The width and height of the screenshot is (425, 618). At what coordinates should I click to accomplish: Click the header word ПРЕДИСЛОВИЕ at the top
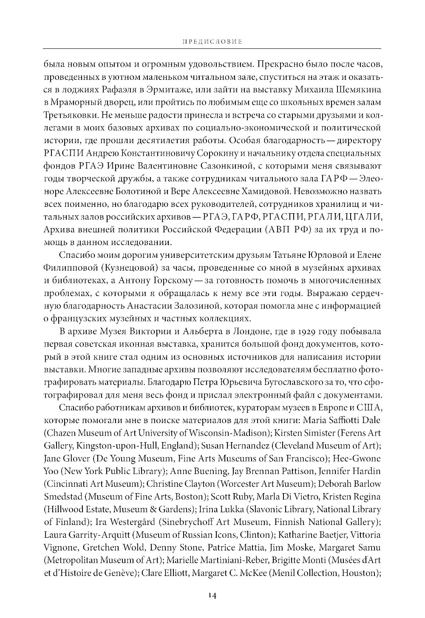tap(212, 42)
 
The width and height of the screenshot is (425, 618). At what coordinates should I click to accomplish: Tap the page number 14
tap(212, 595)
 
